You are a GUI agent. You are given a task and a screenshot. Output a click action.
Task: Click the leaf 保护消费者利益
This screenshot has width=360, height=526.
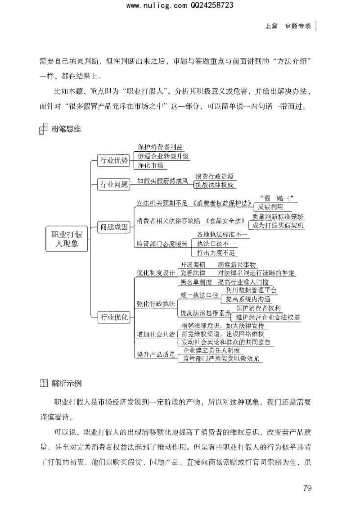coord(161,147)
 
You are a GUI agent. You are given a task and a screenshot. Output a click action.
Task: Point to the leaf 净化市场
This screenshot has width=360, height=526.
coord(152,166)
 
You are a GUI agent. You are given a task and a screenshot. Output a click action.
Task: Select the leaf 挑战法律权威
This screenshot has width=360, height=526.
coord(215,185)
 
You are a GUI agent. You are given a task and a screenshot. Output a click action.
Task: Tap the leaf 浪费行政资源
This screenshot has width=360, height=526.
coord(215,176)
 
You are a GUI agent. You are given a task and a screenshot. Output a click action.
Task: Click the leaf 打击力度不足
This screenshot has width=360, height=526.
coord(216,252)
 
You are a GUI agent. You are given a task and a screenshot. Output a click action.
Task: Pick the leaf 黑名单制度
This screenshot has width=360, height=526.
coord(196,282)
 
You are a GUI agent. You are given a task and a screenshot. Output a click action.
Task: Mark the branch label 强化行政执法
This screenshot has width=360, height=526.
coord(156,304)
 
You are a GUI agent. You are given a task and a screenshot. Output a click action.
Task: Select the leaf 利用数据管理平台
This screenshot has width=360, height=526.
coord(251,290)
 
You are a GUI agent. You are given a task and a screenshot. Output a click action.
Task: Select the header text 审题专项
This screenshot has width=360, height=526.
coord(298,26)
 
